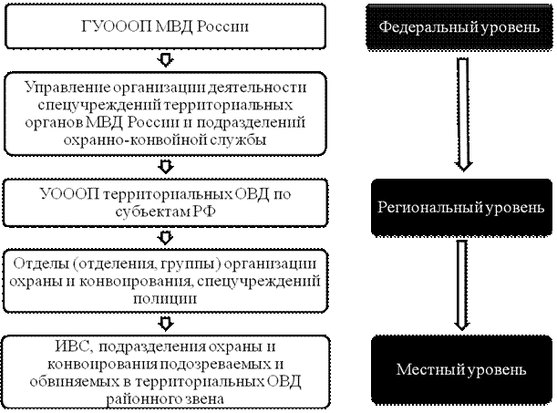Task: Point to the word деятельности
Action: click(257, 88)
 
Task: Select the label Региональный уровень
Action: click(461, 208)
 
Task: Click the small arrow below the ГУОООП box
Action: click(165, 61)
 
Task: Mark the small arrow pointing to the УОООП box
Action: click(165, 168)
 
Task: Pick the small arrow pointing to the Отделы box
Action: click(165, 238)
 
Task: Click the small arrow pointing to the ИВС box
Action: click(165, 324)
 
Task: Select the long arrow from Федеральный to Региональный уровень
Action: click(463, 114)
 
